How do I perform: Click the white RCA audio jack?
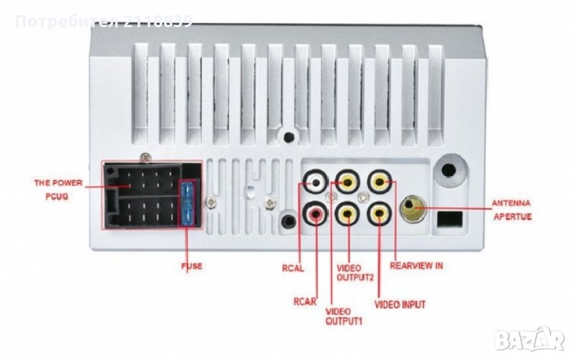click(x=315, y=183)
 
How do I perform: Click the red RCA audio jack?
click(x=315, y=213)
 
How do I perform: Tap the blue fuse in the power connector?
click(x=187, y=204)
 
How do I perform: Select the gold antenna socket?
click(x=413, y=208)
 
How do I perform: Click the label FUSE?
click(x=192, y=266)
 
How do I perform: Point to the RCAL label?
click(x=293, y=268)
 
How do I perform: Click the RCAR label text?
click(x=305, y=302)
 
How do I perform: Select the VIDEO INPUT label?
click(x=400, y=304)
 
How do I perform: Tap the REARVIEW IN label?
click(x=416, y=266)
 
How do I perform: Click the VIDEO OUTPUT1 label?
click(x=344, y=316)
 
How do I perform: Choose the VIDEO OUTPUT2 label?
click(x=355, y=273)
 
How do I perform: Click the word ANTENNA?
click(x=511, y=203)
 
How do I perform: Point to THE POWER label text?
click(x=59, y=183)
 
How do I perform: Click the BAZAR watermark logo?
click(x=529, y=339)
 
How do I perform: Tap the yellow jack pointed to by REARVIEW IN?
click(x=380, y=182)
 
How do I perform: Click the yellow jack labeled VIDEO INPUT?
click(x=380, y=213)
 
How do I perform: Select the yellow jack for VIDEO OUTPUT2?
click(x=347, y=213)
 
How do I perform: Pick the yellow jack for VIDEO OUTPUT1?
click(x=347, y=182)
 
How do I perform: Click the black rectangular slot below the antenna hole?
click(x=450, y=219)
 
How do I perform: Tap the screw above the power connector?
click(x=146, y=157)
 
